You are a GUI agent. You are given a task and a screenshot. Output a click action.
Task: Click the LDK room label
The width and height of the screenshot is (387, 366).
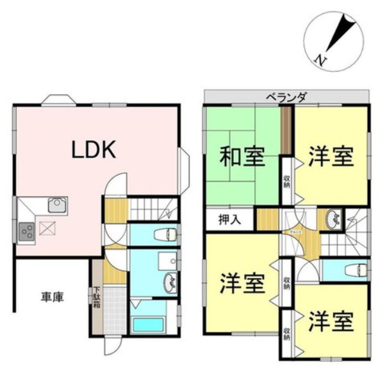coord(93,150)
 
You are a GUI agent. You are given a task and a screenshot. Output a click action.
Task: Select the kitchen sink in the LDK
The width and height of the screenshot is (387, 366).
coord(56,205)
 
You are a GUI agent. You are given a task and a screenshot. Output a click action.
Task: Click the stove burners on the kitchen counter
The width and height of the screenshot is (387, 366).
coord(27,230)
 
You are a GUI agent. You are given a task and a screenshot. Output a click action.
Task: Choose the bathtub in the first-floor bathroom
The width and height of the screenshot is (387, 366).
coord(149,325)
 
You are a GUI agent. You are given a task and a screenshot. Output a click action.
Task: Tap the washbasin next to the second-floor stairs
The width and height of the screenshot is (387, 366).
coord(332,220)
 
